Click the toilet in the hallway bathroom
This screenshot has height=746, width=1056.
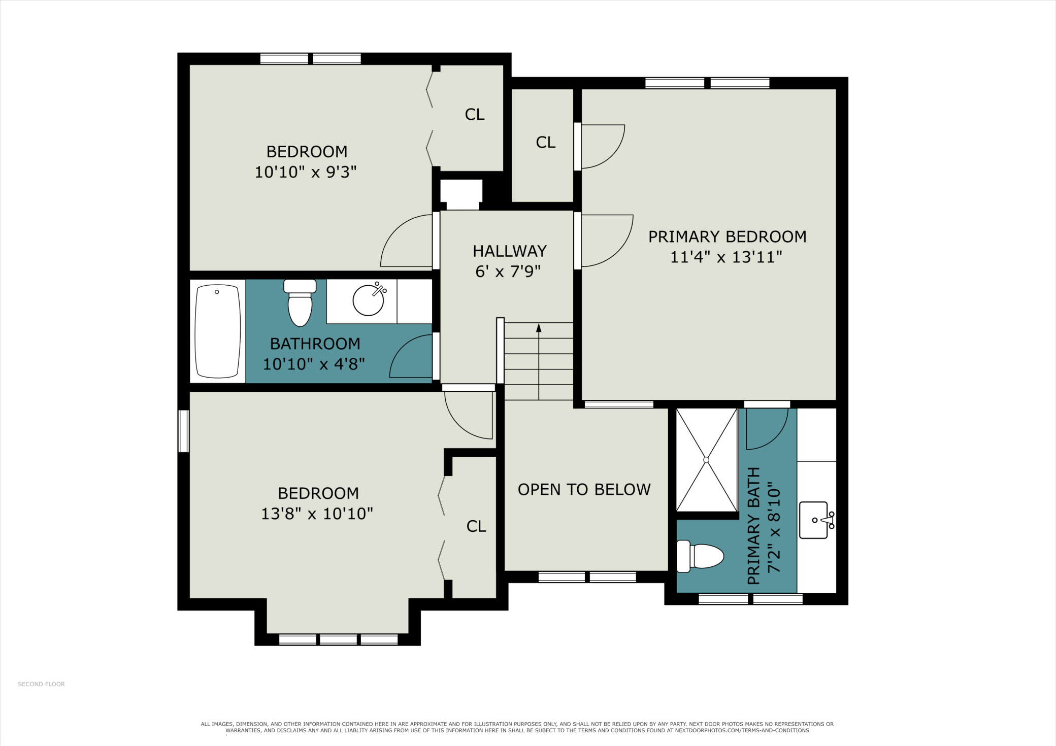coord(300,303)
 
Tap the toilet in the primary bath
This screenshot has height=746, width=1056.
coord(700,556)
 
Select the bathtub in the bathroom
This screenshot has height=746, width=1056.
coord(218,331)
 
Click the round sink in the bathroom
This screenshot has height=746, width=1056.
coord(368,300)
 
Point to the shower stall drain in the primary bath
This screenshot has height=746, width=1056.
coord(706,460)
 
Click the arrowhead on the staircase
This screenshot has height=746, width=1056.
coord(539,328)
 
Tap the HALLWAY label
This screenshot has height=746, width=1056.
coord(510,251)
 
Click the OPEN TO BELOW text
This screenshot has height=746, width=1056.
coord(584,490)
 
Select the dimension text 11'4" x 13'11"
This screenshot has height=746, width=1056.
coord(726,257)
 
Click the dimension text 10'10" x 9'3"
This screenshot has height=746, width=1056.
coord(306,172)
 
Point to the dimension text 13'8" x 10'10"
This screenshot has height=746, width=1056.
coord(317,514)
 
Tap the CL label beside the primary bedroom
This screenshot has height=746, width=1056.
coord(546,143)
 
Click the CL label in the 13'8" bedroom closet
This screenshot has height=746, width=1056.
coord(476,527)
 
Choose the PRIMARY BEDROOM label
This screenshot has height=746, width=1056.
coord(727,237)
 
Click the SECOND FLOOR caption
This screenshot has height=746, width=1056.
coord(41,684)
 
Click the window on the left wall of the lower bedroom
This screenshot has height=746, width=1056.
coord(183,431)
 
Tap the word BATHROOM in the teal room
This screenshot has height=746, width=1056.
coord(315,344)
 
